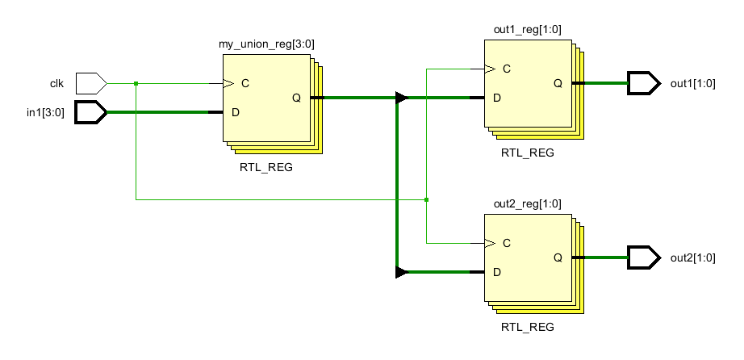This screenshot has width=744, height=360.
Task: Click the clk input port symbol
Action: tap(90, 82)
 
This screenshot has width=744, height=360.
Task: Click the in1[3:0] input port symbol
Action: tap(90, 112)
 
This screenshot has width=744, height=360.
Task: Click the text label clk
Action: tap(57, 83)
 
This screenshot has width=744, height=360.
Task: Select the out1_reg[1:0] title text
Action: tap(528, 30)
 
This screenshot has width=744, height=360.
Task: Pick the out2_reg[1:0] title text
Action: tap(528, 203)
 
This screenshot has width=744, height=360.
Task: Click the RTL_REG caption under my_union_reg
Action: tap(265, 168)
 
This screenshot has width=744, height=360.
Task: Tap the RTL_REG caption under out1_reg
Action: tap(528, 153)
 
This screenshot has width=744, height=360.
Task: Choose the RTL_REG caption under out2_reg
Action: tap(528, 327)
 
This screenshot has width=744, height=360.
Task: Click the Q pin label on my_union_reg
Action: tap(296, 98)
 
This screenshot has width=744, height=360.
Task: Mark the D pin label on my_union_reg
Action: tap(235, 112)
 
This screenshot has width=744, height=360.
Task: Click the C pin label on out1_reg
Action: tap(506, 69)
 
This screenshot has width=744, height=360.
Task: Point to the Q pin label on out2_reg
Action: tap(558, 257)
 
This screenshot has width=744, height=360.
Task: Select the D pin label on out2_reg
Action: tap(497, 272)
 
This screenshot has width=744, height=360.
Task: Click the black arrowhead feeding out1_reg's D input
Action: tap(401, 98)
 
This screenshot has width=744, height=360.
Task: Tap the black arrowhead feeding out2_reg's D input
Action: tap(401, 272)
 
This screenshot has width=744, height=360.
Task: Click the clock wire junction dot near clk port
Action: tap(136, 83)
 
